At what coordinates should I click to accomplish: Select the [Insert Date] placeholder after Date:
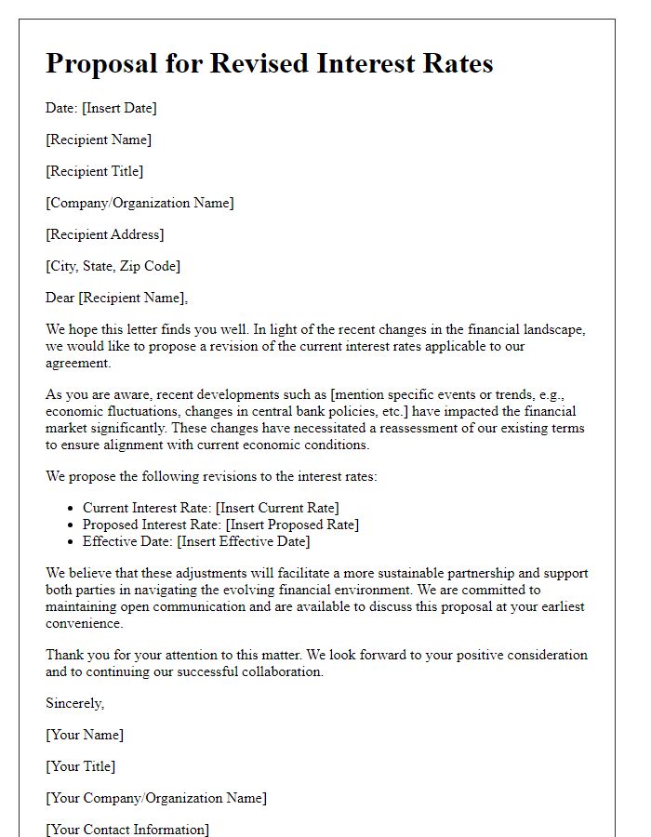pyautogui.click(x=119, y=108)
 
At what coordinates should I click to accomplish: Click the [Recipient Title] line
pyautogui.click(x=94, y=171)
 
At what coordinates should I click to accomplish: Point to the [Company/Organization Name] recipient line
pyautogui.click(x=139, y=203)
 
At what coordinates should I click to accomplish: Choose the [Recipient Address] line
pyautogui.click(x=104, y=234)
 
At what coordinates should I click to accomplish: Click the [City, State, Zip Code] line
pyautogui.click(x=113, y=266)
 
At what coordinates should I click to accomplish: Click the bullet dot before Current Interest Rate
pyautogui.click(x=72, y=509)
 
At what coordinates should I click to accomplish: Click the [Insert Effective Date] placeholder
pyautogui.click(x=244, y=541)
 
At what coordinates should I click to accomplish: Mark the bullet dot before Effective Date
pyautogui.click(x=72, y=542)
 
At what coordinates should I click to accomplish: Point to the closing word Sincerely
pyautogui.click(x=74, y=703)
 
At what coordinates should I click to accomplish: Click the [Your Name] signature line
pyautogui.click(x=85, y=735)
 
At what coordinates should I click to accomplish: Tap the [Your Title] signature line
pyautogui.click(x=81, y=766)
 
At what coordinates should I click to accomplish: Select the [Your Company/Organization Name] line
pyautogui.click(x=156, y=798)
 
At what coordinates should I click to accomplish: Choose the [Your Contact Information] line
pyautogui.click(x=127, y=829)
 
